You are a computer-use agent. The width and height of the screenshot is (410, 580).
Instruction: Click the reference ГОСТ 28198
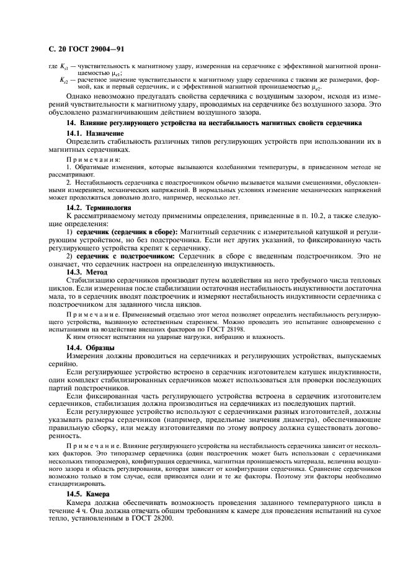click(x=226, y=329)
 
